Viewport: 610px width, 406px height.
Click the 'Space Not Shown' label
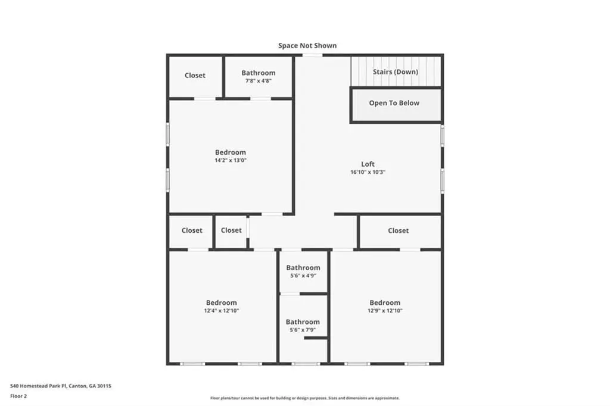307,45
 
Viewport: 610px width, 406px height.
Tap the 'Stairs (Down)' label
396,72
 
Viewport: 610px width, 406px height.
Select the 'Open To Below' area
394,103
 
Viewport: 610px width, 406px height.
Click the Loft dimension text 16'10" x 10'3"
368,172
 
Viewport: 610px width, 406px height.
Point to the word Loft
368,164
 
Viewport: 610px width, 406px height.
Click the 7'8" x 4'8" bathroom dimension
259,81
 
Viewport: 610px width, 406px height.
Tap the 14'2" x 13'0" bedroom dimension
231,160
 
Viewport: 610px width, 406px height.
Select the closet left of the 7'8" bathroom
195,76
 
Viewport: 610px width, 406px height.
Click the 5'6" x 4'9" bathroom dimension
303,276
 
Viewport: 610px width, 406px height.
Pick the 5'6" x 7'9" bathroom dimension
303,330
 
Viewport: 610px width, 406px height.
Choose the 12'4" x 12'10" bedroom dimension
222,310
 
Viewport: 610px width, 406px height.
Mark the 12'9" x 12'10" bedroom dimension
385,310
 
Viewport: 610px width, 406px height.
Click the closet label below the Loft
399,230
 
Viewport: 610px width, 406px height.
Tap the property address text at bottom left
61,386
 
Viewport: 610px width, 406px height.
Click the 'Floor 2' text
18,396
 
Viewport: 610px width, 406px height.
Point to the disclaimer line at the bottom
305,398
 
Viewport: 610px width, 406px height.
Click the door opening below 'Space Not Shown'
312,55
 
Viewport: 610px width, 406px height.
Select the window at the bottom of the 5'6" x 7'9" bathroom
306,364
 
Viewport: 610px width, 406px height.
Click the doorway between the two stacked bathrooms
290,293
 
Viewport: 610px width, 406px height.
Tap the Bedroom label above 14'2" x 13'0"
231,152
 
